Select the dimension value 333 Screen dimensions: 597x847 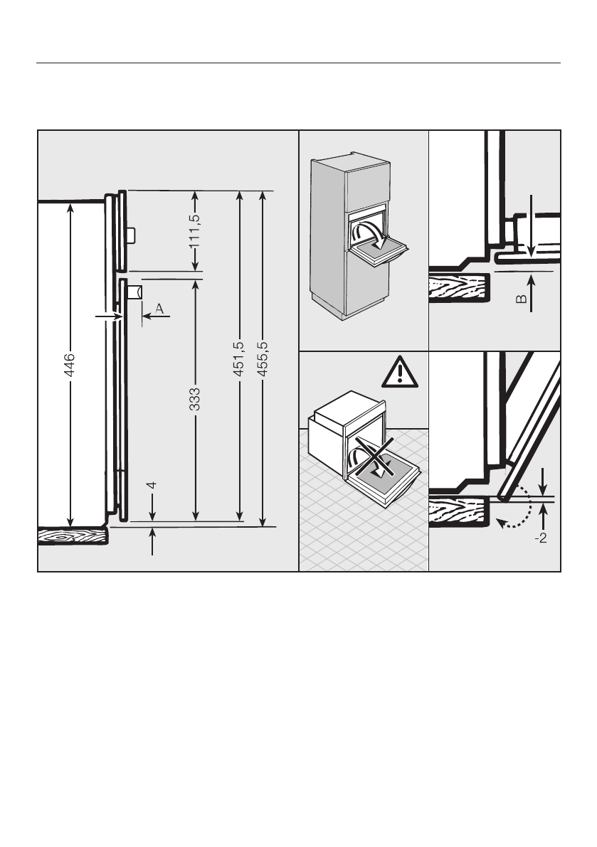196,400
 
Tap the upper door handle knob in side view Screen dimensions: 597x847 132,234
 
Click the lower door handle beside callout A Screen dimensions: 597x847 134,291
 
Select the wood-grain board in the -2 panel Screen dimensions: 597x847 459,511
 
